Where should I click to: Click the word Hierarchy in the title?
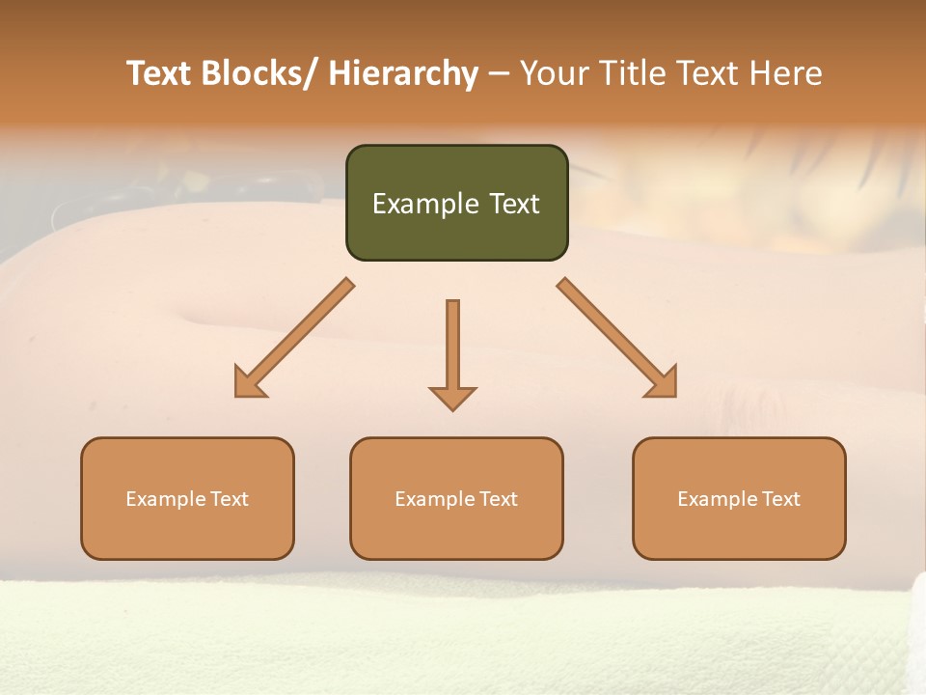403,73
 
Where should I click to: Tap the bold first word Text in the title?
159,73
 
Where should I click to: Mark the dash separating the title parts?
499,75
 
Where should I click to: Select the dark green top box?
456,203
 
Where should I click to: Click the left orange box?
187,498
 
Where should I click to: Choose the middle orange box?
456,498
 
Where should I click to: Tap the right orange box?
739,498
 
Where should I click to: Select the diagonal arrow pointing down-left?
293,339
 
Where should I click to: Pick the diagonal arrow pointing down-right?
617,339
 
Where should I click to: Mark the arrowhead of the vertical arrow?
452,397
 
